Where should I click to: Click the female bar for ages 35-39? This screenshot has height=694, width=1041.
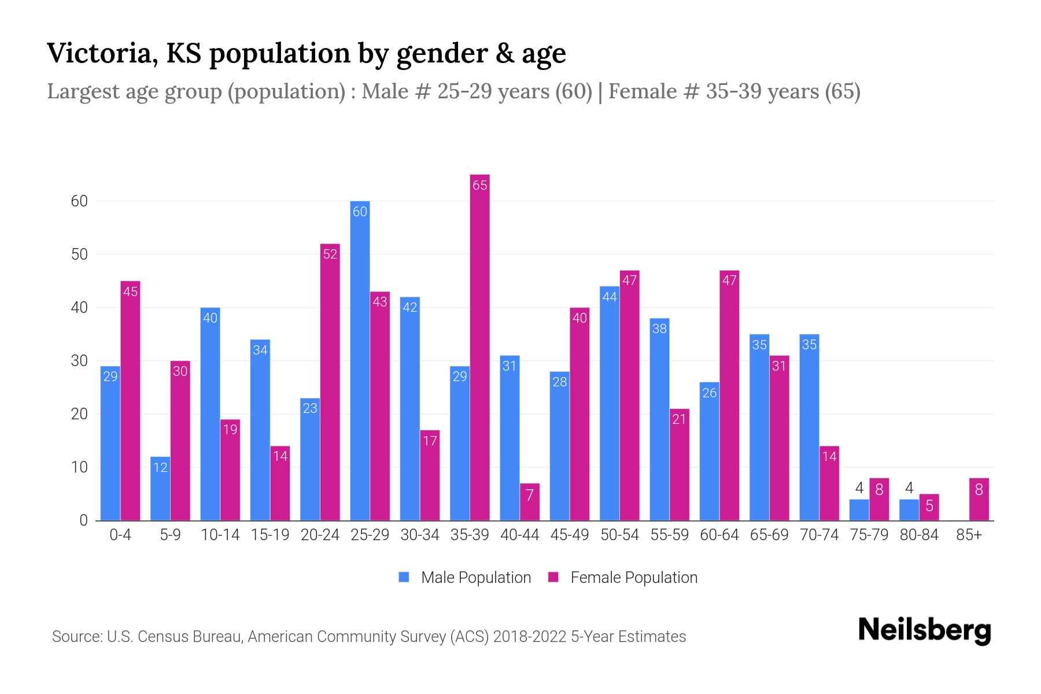point(479,347)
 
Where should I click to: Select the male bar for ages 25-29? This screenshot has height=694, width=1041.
point(360,361)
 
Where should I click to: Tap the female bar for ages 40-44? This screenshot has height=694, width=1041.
point(529,502)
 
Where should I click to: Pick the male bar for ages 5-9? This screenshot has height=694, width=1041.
point(160,489)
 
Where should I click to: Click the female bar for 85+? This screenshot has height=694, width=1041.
point(979,500)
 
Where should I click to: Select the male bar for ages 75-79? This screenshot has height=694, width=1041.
point(859,510)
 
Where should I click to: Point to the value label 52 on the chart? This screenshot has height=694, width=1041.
point(330,254)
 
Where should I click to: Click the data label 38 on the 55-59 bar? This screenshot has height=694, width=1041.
point(659,328)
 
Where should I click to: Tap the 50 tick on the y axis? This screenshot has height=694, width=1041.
point(79,254)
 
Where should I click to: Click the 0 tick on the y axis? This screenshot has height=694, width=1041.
point(83,520)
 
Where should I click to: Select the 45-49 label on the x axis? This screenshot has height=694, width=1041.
point(570,535)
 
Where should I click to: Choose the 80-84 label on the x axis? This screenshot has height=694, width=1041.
point(919,535)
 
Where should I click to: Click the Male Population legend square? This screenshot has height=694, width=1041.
point(404,577)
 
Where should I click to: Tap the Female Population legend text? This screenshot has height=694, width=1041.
point(634,578)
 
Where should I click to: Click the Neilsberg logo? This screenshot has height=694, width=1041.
point(924,630)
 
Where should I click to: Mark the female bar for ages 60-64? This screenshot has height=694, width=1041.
point(729,396)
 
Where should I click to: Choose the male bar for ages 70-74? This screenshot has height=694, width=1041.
point(809,427)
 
